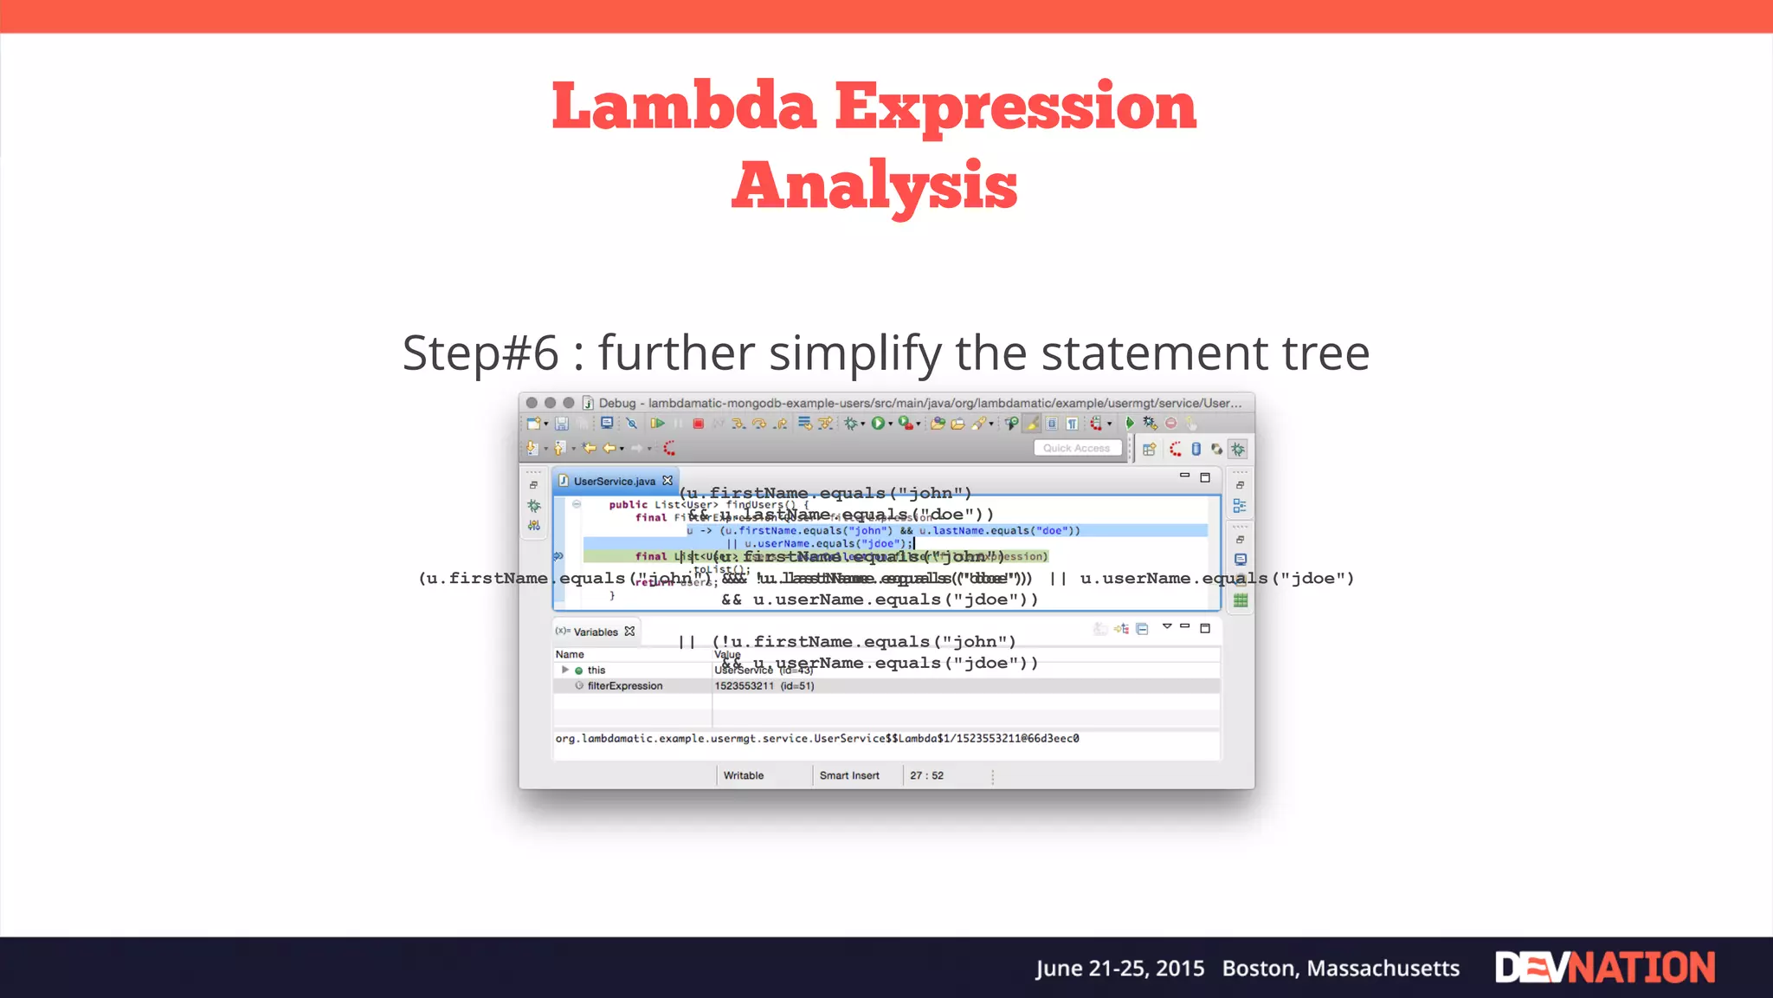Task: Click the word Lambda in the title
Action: click(684, 107)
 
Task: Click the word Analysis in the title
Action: click(874, 185)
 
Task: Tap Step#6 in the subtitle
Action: click(480, 353)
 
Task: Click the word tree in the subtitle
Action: click(1325, 353)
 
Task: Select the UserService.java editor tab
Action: click(614, 481)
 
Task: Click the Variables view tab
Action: click(596, 632)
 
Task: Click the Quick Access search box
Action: click(1076, 448)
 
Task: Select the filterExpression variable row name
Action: click(624, 685)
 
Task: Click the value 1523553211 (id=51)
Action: click(764, 685)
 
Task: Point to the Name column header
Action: click(570, 654)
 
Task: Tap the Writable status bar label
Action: click(743, 775)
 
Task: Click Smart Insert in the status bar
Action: click(848, 775)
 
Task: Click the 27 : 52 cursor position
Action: click(926, 775)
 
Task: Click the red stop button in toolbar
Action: click(698, 424)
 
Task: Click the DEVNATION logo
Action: click(1604, 968)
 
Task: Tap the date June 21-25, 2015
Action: click(1119, 968)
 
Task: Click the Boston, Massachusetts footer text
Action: click(1340, 968)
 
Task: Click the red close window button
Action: click(532, 403)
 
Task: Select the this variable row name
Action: click(596, 670)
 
